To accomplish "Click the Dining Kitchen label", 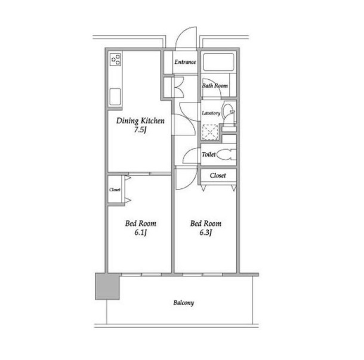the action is click(140, 121).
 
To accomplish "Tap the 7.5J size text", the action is click(140, 130).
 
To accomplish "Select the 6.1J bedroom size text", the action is click(140, 232).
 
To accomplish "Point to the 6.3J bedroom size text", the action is click(206, 232).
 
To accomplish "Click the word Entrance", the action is click(185, 62).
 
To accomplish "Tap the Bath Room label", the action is click(215, 86).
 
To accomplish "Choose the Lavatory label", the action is click(211, 113).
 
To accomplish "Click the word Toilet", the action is click(208, 154).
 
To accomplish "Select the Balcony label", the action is click(183, 303).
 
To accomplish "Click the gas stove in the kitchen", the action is click(115, 60).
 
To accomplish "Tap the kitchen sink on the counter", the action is click(115, 97).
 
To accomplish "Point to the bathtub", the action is click(218, 62).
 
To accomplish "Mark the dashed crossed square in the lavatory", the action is click(210, 132).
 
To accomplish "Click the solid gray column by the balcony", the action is click(107, 286).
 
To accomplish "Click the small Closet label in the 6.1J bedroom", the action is click(115, 190).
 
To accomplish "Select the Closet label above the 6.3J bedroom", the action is click(218, 175).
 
